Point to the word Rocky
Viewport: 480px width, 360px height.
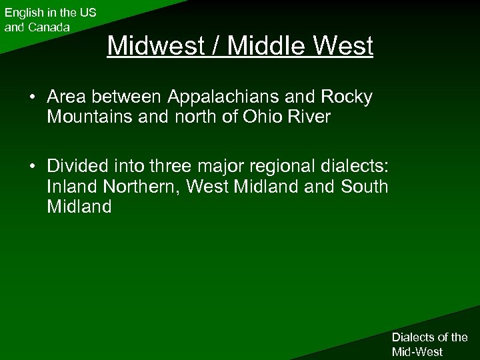point(349,97)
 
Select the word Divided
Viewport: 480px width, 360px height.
point(80,167)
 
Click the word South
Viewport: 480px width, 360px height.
point(363,187)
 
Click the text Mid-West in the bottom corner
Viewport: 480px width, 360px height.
point(417,351)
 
